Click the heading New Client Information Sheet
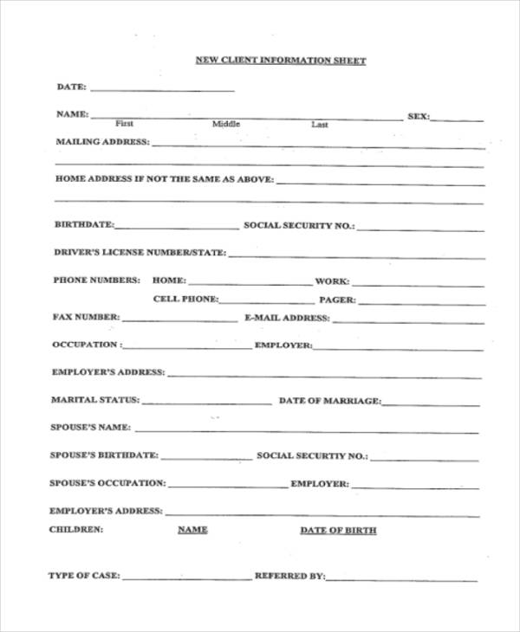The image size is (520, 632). [x=280, y=61]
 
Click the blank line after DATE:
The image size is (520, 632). [x=162, y=89]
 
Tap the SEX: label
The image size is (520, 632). [x=418, y=116]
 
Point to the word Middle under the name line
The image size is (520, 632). [x=226, y=125]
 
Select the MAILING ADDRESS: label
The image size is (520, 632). [x=102, y=141]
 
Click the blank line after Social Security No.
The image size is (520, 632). [x=420, y=229]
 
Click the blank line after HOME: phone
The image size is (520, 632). [x=250, y=283]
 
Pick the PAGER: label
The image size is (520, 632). [x=338, y=300]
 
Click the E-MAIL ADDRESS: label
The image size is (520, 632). [x=288, y=318]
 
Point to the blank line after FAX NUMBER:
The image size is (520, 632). [x=180, y=319]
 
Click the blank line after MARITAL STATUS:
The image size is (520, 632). [x=206, y=403]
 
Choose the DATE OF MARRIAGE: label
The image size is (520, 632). [x=329, y=401]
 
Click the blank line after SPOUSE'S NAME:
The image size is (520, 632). [x=307, y=430]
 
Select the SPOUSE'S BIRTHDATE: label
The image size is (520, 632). [x=104, y=455]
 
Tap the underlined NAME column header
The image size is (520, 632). [x=192, y=529]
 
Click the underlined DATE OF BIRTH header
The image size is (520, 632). [x=338, y=530]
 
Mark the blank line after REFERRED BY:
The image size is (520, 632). [x=401, y=578]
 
